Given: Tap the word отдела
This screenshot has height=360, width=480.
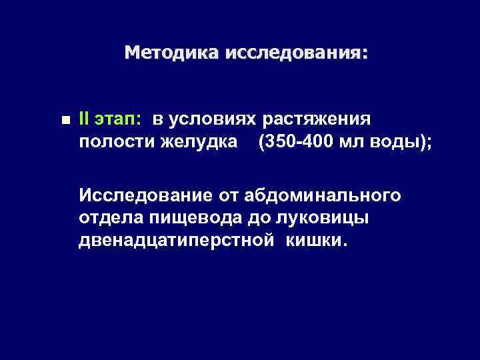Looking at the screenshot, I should (107, 218).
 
